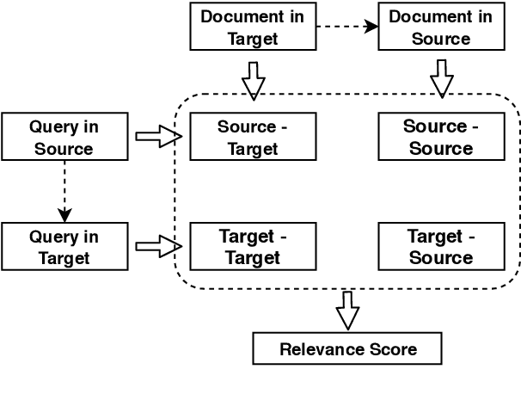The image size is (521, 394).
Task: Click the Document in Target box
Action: (x=253, y=27)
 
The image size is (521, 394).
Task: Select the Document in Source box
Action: (x=441, y=27)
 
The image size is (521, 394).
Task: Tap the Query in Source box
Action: (x=64, y=137)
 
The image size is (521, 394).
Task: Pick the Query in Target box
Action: (x=64, y=246)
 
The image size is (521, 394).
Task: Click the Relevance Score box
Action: (x=347, y=349)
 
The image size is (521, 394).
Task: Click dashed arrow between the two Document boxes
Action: (x=347, y=27)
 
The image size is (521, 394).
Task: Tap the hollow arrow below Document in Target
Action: (x=253, y=79)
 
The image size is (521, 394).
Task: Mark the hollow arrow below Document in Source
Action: (x=441, y=79)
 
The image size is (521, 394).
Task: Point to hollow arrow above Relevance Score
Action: (x=346, y=311)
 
